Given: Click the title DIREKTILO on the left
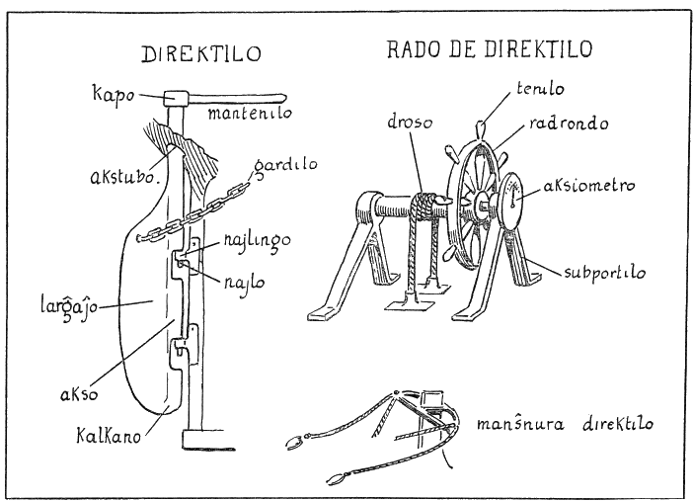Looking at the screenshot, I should pos(202,53).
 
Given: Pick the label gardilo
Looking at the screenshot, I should pos(285,164).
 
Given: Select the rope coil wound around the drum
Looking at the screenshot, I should pos(422,208).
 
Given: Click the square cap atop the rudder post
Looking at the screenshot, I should pos(177,99).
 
